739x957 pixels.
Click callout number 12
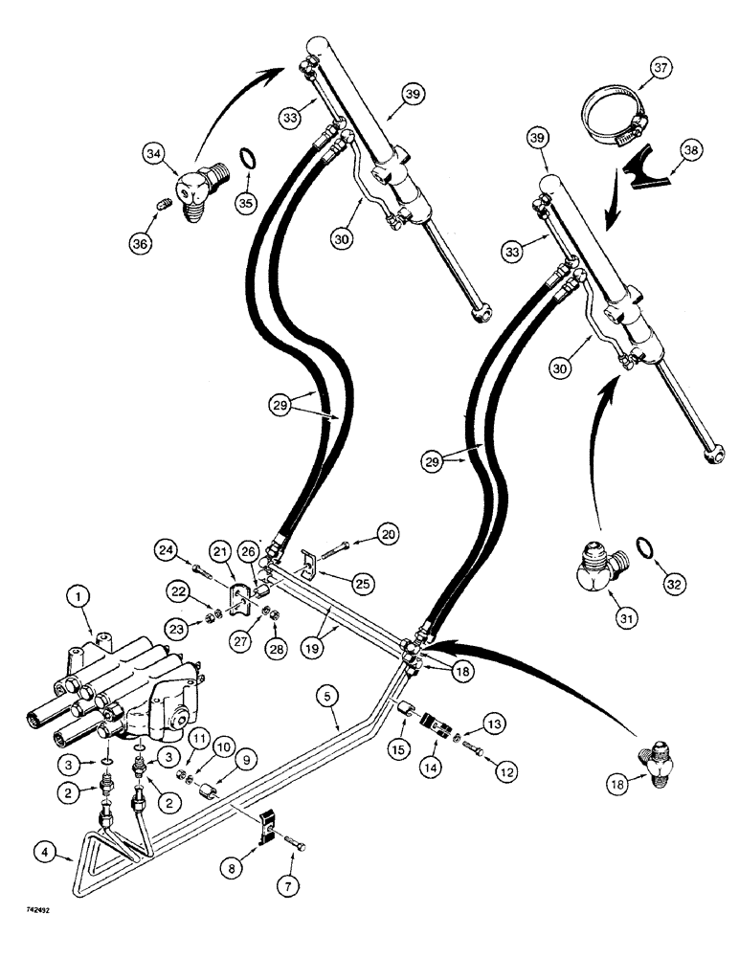point(495,766)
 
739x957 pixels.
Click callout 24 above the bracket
point(168,549)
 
